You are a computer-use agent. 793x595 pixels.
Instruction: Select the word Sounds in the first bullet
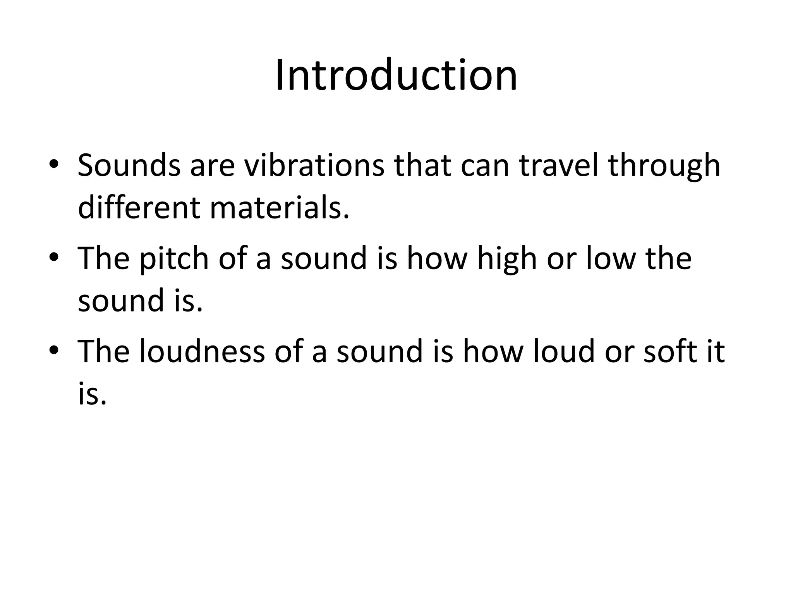point(129,165)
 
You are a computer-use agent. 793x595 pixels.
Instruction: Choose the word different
point(139,207)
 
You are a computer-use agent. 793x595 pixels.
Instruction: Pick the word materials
point(280,207)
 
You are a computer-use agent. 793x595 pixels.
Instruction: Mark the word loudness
point(202,351)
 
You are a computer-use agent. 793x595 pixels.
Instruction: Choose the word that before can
point(422,165)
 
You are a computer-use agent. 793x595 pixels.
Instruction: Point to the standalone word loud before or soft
point(563,351)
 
